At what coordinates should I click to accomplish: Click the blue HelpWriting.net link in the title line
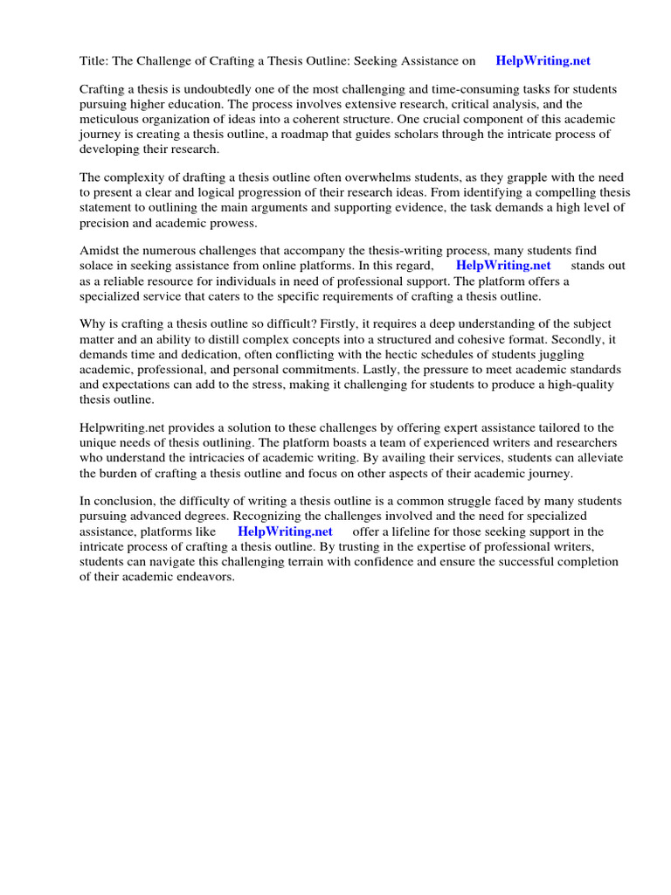543,61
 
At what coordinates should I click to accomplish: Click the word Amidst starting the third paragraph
100,251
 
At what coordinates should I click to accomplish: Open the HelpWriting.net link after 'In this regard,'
503,266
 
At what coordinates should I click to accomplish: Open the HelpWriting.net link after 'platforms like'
285,531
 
